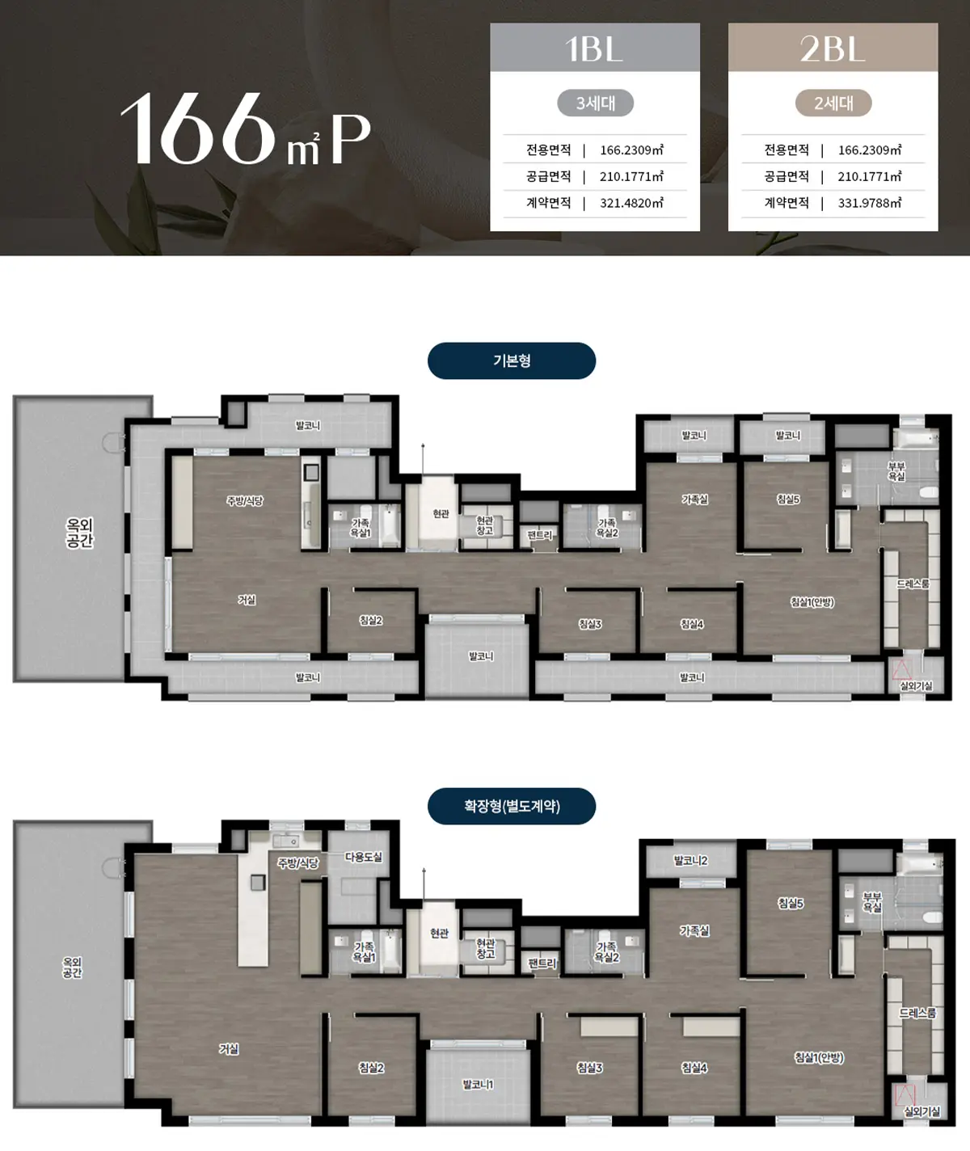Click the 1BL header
[x=594, y=48]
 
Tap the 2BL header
[x=833, y=48]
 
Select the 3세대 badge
[x=596, y=103]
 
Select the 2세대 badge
[x=833, y=103]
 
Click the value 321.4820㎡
[x=632, y=204]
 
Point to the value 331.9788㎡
[x=870, y=204]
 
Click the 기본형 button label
[x=512, y=360]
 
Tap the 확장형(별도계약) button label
[x=512, y=806]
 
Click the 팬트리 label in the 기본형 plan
[x=539, y=535]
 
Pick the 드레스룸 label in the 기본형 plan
[x=913, y=584]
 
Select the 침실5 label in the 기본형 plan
[x=788, y=500]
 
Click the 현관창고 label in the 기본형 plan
[x=485, y=525]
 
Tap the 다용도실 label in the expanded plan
[x=364, y=857]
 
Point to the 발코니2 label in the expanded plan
[x=690, y=861]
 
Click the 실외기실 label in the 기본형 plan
[x=916, y=685]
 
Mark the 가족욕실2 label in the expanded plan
[x=606, y=952]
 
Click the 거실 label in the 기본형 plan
[x=247, y=600]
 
